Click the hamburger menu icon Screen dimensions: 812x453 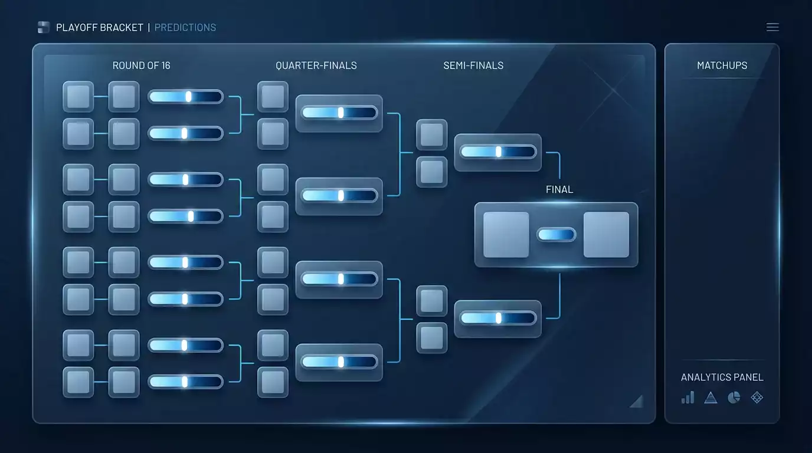(x=772, y=27)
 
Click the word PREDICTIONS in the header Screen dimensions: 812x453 (x=185, y=28)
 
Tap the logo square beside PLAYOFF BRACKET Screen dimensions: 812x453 (x=44, y=27)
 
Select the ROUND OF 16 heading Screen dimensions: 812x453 (x=142, y=65)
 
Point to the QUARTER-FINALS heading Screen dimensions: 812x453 (x=316, y=65)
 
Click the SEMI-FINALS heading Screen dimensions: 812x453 (x=473, y=65)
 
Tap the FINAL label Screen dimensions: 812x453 (x=559, y=189)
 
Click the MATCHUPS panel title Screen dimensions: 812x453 (x=722, y=65)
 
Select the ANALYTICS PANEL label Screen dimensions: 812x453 (x=722, y=377)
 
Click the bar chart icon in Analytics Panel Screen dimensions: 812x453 (x=687, y=397)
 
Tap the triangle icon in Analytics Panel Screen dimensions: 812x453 (x=711, y=398)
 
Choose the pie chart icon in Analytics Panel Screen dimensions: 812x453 (x=734, y=398)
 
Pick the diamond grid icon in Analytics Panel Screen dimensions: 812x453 (x=757, y=398)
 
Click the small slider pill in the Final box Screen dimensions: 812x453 (x=556, y=235)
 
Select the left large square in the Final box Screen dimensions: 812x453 (x=506, y=235)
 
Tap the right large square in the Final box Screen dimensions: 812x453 (x=606, y=235)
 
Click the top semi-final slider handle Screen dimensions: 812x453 (x=499, y=152)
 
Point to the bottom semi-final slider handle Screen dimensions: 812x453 (x=499, y=318)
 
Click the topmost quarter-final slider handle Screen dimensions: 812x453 (x=340, y=113)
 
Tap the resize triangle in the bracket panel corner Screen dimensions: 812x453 (x=638, y=402)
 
